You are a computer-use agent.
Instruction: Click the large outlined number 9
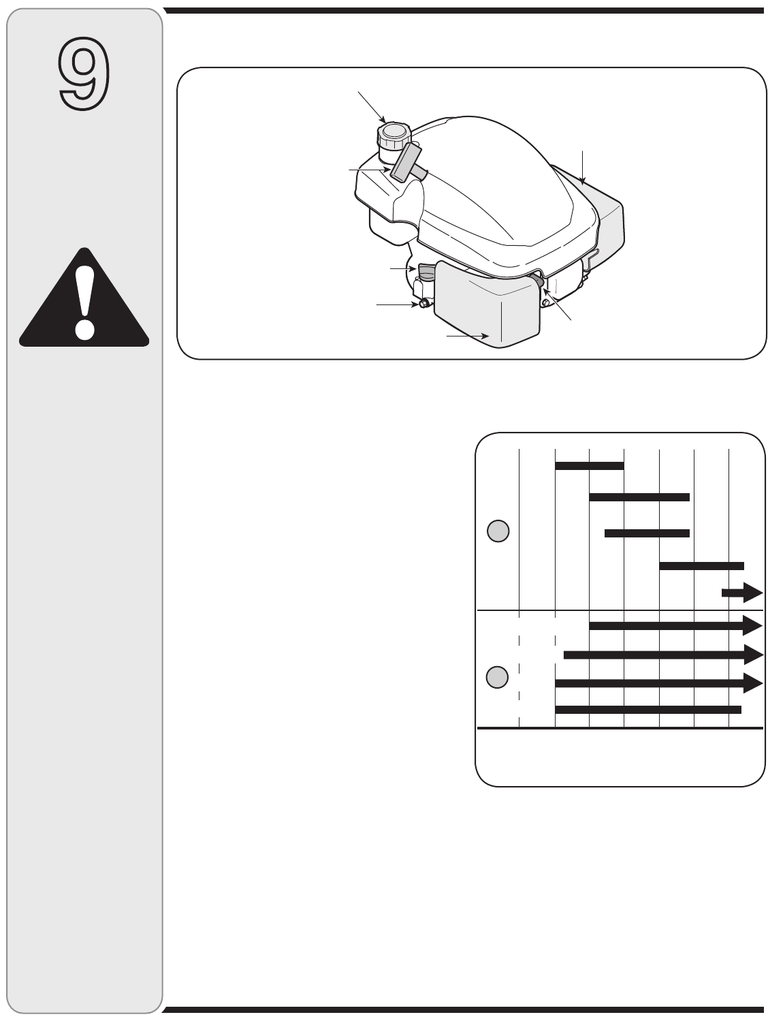click(x=84, y=74)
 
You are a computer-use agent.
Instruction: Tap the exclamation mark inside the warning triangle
click(x=84, y=304)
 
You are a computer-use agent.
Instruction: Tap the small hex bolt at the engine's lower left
click(x=423, y=304)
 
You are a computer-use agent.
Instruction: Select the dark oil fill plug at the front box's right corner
click(x=537, y=281)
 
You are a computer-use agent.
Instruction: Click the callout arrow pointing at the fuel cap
click(x=372, y=108)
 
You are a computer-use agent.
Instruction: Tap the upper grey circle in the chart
click(x=498, y=531)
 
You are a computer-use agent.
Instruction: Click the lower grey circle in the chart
click(x=497, y=678)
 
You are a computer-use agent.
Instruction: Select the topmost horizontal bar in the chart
click(x=590, y=466)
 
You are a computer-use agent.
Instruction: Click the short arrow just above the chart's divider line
click(x=742, y=593)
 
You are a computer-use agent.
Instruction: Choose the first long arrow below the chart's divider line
click(x=676, y=625)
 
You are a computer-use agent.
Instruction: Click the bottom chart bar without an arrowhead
click(x=648, y=709)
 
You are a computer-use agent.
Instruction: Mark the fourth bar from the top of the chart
click(x=702, y=566)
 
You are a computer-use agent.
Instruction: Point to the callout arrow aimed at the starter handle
click(x=370, y=170)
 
